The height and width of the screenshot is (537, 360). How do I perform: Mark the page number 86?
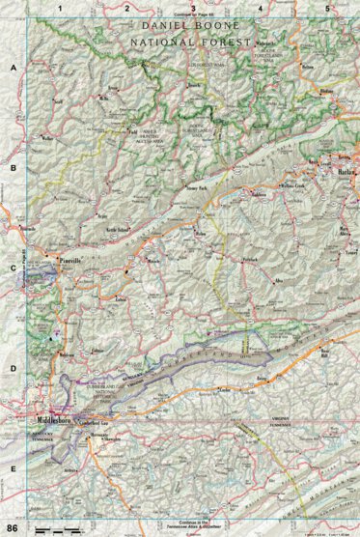pyautogui.click(x=12, y=527)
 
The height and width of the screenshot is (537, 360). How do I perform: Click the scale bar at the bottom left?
pyautogui.click(x=57, y=530)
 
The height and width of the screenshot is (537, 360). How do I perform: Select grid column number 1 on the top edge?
pyautogui.click(x=60, y=8)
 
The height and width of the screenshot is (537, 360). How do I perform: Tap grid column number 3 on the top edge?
pyautogui.click(x=192, y=8)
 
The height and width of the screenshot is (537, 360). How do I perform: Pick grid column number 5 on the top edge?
pyautogui.click(x=327, y=8)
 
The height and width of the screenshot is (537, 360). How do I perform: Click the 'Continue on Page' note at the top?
pyautogui.click(x=192, y=17)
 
